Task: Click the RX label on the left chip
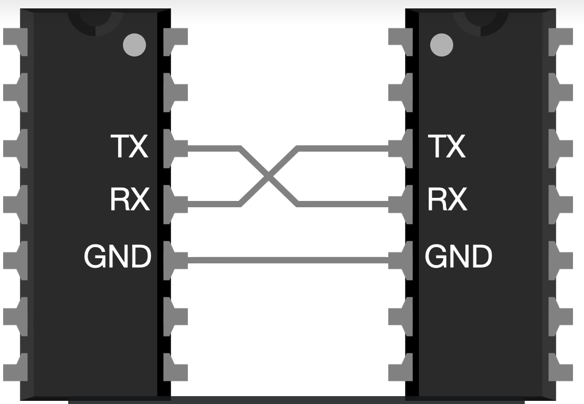pyautogui.click(x=129, y=199)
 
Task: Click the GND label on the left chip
pyautogui.click(x=118, y=257)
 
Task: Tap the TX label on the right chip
pyautogui.click(x=446, y=147)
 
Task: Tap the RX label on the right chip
pyautogui.click(x=447, y=199)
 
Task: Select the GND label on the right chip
pyautogui.click(x=459, y=257)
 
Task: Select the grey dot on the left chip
pyautogui.click(x=133, y=45)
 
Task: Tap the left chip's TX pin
pyautogui.click(x=175, y=148)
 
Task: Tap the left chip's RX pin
pyautogui.click(x=175, y=204)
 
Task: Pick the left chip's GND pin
pyautogui.click(x=175, y=259)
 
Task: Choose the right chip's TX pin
pyautogui.click(x=400, y=148)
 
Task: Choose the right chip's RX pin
pyautogui.click(x=400, y=204)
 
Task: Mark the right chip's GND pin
pyautogui.click(x=400, y=259)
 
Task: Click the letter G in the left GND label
pyautogui.click(x=95, y=257)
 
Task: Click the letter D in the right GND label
pyautogui.click(x=481, y=257)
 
